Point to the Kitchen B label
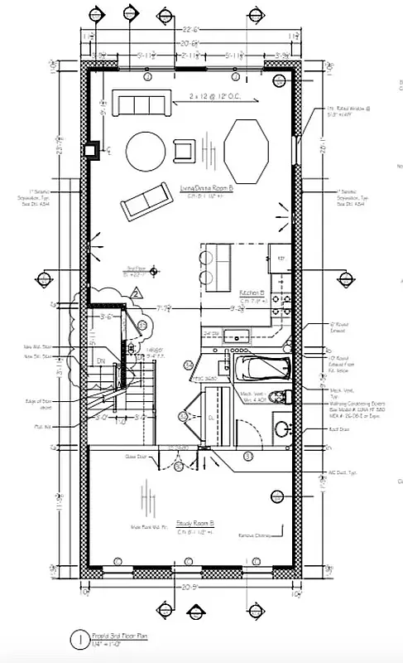[x=252, y=293]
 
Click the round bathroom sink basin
[x=281, y=429]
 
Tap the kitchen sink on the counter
[x=236, y=336]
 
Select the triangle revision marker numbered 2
[x=135, y=293]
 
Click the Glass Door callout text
[x=136, y=456]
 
